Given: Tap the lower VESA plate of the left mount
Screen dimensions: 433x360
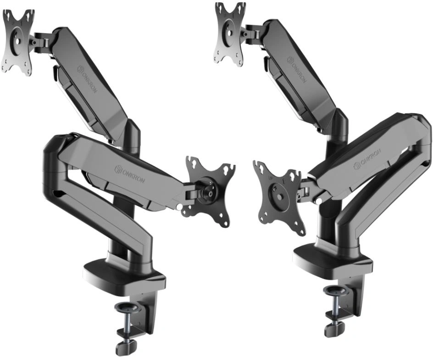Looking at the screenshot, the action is point(209,193).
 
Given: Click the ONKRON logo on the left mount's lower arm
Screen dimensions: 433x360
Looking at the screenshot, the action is point(132,174).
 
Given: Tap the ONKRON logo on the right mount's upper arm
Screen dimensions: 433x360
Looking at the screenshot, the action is point(296,70).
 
